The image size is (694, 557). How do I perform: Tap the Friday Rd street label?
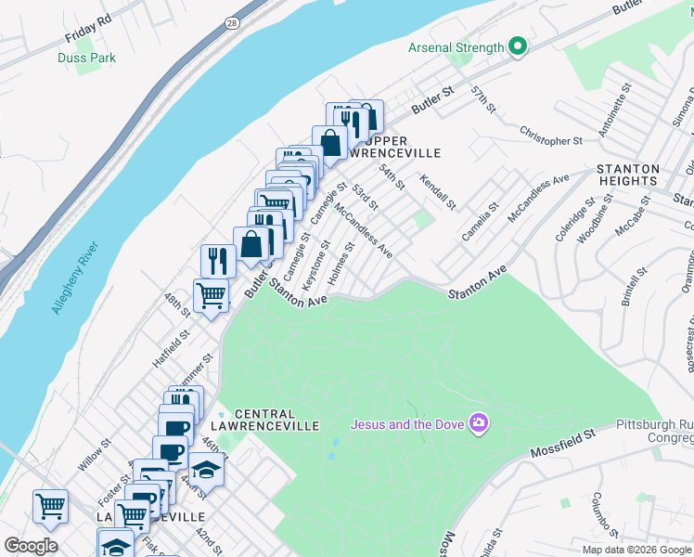[88, 30]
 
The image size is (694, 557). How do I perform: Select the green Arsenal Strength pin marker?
[519, 46]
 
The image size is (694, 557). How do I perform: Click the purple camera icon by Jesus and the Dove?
[479, 424]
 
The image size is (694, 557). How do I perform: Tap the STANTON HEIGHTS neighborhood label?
[628, 175]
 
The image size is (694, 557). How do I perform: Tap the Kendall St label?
[438, 191]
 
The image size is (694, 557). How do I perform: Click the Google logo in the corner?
[31, 545]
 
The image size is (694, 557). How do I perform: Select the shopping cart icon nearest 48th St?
[212, 296]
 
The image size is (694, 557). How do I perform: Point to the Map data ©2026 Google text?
[636, 550]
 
